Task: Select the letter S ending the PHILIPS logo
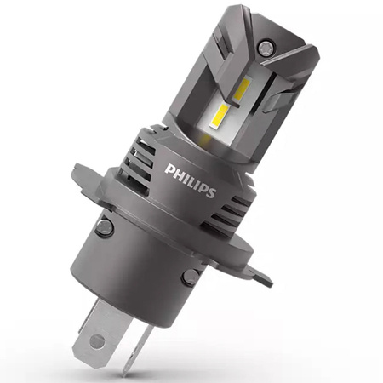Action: tap(210, 191)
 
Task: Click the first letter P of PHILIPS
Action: tap(170, 169)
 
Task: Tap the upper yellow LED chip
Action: tap(242, 89)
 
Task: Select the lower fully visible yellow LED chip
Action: tap(220, 116)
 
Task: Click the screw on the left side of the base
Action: tap(104, 227)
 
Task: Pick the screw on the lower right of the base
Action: tap(190, 276)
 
